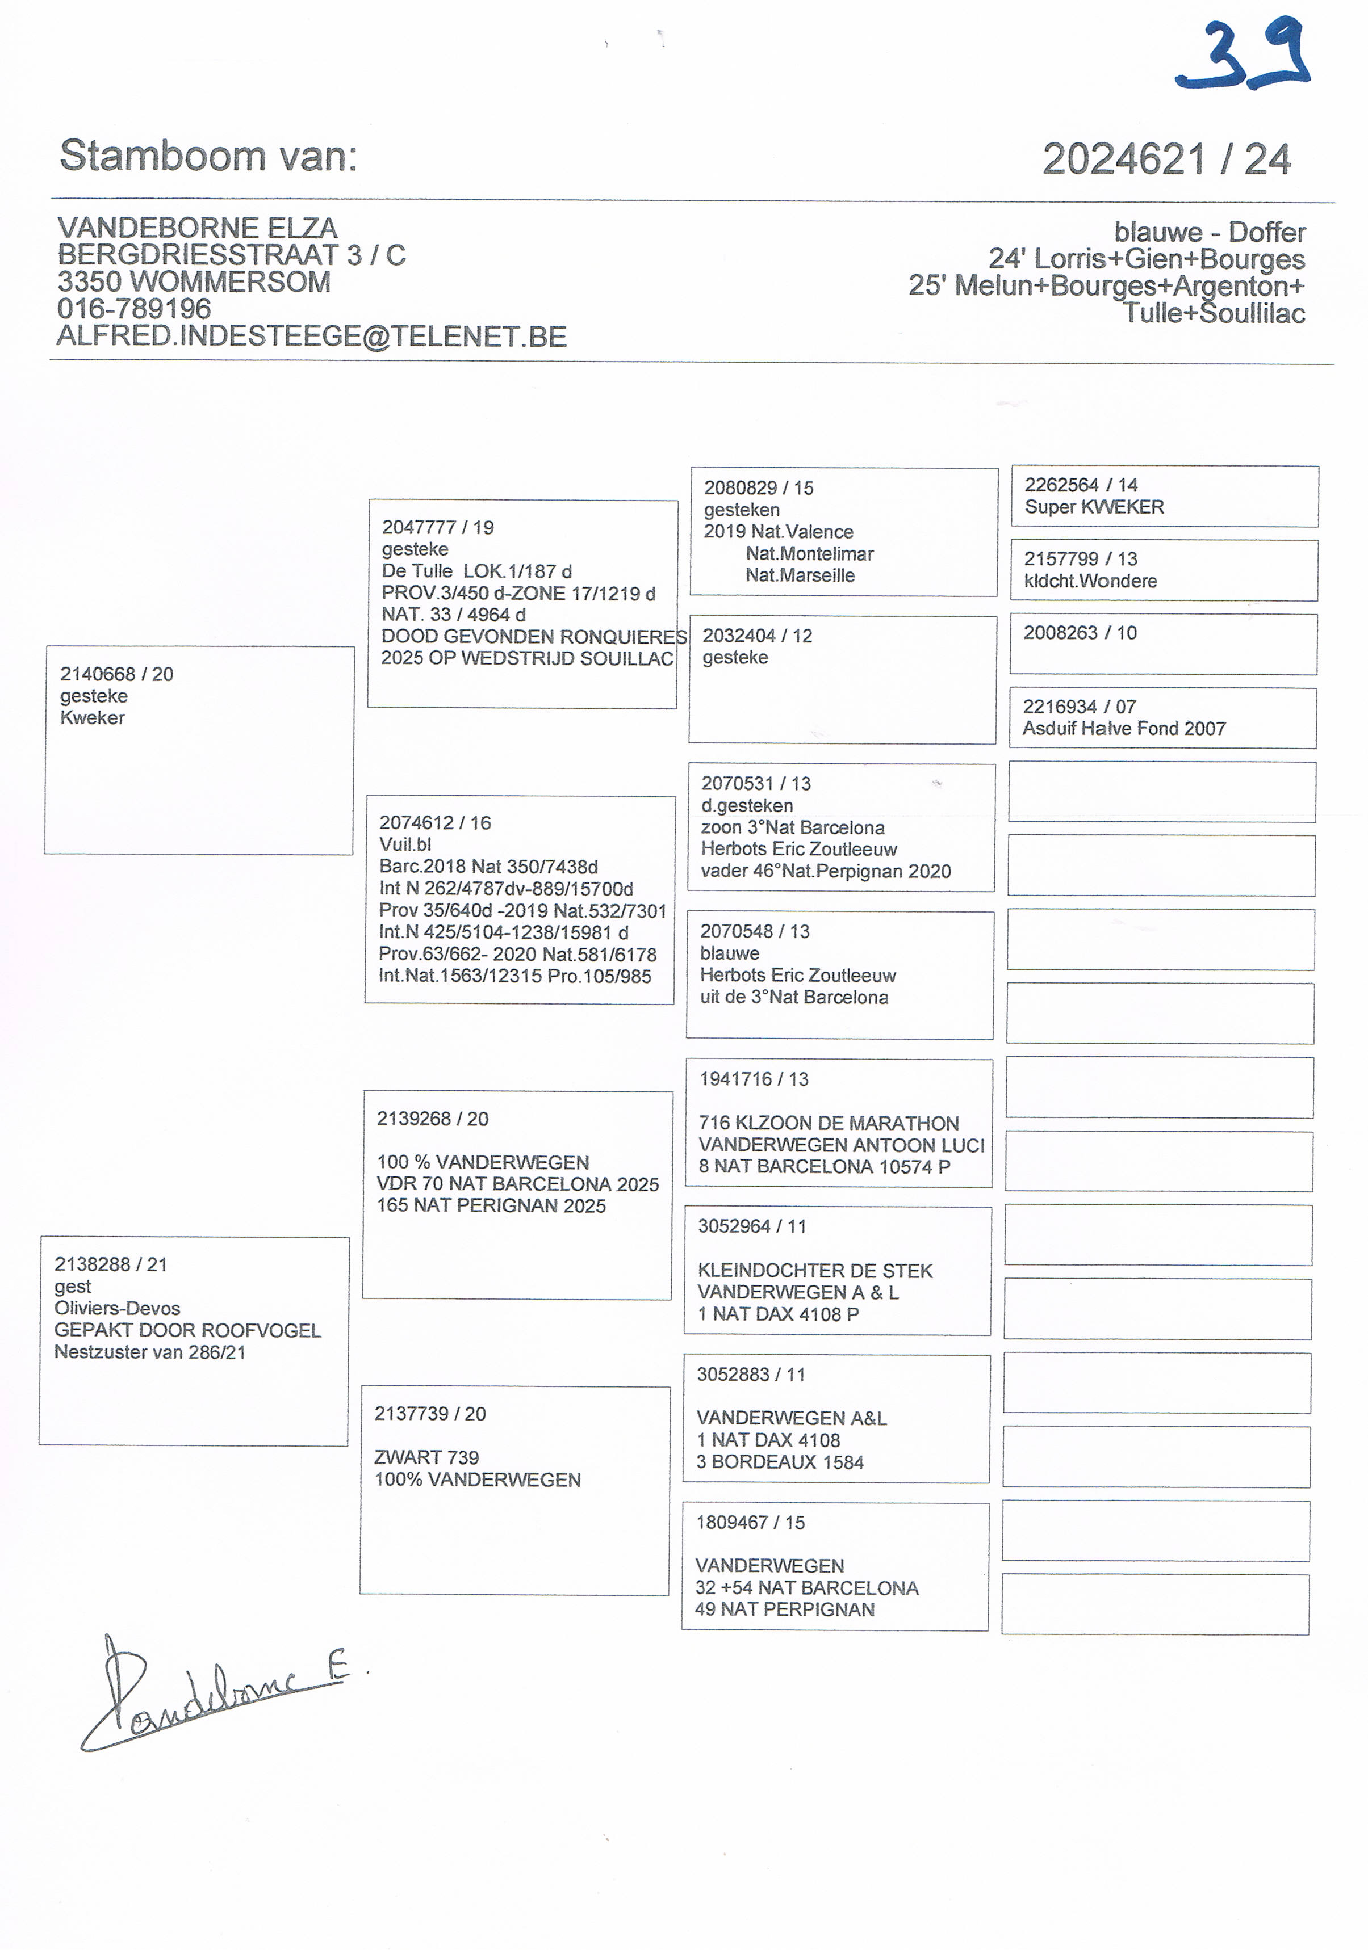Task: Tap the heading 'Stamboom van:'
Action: (209, 156)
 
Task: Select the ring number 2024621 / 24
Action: (1166, 159)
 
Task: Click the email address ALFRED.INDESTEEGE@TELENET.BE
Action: (311, 337)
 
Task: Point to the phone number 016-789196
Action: (134, 308)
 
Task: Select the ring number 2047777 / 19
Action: (438, 527)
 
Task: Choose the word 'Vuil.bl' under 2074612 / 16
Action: (405, 844)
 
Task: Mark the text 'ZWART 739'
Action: (426, 1457)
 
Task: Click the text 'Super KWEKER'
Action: (1094, 507)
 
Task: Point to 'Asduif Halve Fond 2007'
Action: (1123, 728)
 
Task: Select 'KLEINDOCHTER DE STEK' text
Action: (815, 1271)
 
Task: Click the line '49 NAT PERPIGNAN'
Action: (784, 1609)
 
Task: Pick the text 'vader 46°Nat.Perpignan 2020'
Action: (825, 871)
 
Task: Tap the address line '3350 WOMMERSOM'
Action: (194, 282)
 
